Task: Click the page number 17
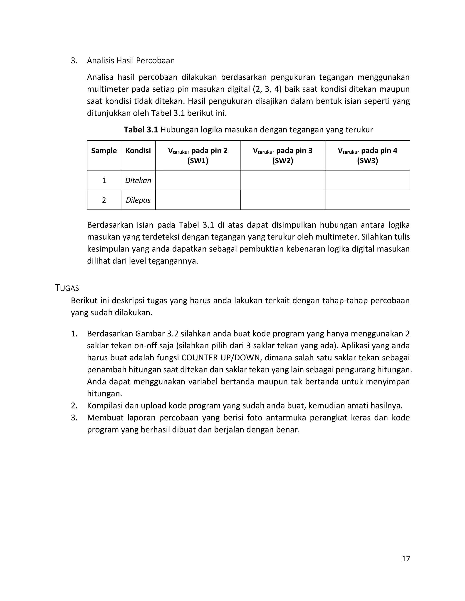pyautogui.click(x=406, y=558)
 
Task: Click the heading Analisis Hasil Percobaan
pyautogui.click(x=131, y=61)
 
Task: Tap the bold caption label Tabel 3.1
pyautogui.click(x=141, y=129)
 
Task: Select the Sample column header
pyautogui.click(x=104, y=151)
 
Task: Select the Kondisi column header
pyautogui.click(x=138, y=151)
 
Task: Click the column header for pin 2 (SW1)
pyautogui.click(x=198, y=156)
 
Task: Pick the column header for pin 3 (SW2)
pyautogui.click(x=283, y=156)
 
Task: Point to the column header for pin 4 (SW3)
pyautogui.click(x=368, y=156)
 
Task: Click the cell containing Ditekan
pyautogui.click(x=138, y=181)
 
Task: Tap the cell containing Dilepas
pyautogui.click(x=138, y=200)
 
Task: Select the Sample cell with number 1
pyautogui.click(x=104, y=181)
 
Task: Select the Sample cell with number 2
pyautogui.click(x=104, y=200)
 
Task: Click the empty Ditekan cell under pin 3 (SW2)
pyautogui.click(x=283, y=180)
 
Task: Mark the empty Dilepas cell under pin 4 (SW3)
pyautogui.click(x=368, y=200)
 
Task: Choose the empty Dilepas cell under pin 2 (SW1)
pyautogui.click(x=198, y=200)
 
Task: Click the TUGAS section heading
pyautogui.click(x=67, y=288)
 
